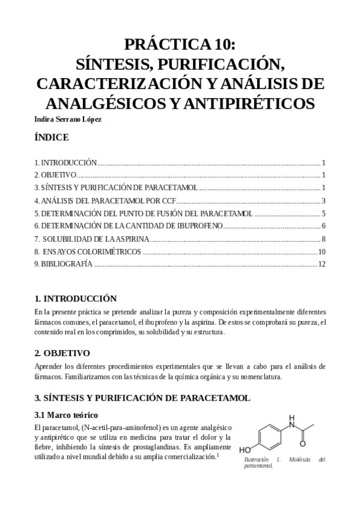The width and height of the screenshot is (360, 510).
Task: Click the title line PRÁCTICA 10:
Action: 180,45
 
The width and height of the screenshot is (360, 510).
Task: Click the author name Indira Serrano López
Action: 68,118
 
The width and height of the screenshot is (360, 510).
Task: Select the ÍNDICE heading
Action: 52,138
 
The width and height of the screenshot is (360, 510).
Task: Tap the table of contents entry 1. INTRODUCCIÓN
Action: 66,162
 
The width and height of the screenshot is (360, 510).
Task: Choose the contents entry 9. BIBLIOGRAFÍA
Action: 63,264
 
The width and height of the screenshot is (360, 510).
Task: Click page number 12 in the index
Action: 322,264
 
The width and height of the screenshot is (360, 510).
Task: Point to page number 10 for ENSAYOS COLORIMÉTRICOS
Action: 322,251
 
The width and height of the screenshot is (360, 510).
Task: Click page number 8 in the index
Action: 323,239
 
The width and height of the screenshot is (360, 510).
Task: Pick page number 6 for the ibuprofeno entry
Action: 323,226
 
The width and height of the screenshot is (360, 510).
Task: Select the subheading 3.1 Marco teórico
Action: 66,415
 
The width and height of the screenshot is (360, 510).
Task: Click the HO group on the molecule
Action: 246,449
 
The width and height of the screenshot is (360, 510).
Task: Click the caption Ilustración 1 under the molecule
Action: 258,459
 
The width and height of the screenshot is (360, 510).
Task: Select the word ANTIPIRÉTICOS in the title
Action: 246,103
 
